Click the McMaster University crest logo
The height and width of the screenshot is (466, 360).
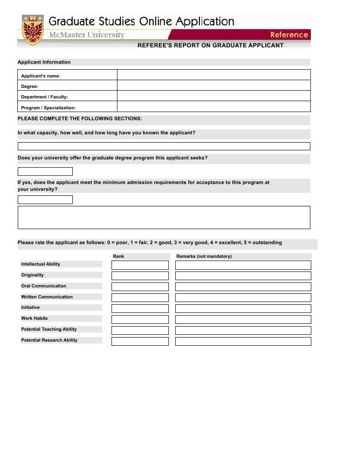(32, 30)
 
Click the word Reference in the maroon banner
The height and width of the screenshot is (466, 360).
(289, 35)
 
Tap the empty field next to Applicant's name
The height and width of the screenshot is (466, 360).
(213, 75)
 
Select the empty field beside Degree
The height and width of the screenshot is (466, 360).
(213, 86)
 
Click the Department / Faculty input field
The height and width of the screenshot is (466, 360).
(213, 96)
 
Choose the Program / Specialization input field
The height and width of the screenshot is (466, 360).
(213, 107)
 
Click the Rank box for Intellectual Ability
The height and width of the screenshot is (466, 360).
(140, 265)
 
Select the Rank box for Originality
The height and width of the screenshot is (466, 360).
(140, 276)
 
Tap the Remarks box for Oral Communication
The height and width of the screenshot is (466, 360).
(243, 287)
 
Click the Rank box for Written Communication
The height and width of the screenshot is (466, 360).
(140, 298)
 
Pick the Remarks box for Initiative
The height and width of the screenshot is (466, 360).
(243, 309)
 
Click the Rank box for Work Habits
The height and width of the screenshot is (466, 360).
(140, 320)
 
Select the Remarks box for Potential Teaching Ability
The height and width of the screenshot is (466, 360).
(243, 331)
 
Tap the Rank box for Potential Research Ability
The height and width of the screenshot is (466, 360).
(140, 342)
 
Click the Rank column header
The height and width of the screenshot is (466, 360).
(118, 256)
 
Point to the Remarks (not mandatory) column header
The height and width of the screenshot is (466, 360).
(204, 256)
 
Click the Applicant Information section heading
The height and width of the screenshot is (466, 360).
(44, 62)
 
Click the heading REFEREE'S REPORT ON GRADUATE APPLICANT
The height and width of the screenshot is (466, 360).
(210, 46)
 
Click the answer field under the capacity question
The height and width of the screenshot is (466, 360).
(164, 146)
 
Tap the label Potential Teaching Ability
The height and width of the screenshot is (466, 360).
(49, 329)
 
